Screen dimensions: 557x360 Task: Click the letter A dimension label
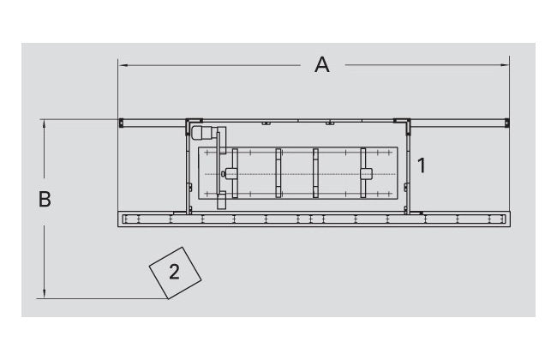click(x=322, y=64)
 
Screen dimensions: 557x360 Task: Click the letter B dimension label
click(x=45, y=199)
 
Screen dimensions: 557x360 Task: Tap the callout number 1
click(x=422, y=165)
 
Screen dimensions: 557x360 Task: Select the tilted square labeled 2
click(x=175, y=273)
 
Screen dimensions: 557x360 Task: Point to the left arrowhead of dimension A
click(x=123, y=65)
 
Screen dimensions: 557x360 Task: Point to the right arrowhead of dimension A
click(x=505, y=65)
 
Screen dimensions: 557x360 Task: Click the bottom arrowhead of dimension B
click(x=44, y=293)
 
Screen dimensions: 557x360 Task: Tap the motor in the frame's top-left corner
click(x=201, y=134)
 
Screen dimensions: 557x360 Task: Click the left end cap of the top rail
click(x=121, y=123)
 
